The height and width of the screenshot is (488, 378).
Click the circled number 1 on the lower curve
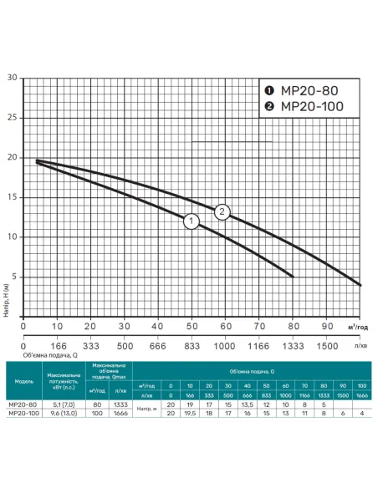click(x=191, y=222)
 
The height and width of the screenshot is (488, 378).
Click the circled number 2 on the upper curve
click(x=222, y=211)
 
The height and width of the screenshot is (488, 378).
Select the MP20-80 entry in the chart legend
click(x=307, y=90)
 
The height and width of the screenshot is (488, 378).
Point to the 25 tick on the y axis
click(x=12, y=118)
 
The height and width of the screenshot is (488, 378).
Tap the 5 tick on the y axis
click(x=13, y=277)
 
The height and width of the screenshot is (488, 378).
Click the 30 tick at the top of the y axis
click(x=12, y=78)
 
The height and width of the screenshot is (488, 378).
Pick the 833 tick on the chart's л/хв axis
click(x=192, y=344)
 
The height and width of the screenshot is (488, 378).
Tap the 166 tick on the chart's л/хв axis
click(x=58, y=344)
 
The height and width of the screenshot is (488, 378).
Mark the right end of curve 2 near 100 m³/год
click(x=360, y=284)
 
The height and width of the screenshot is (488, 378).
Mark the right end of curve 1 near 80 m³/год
click(x=293, y=276)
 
